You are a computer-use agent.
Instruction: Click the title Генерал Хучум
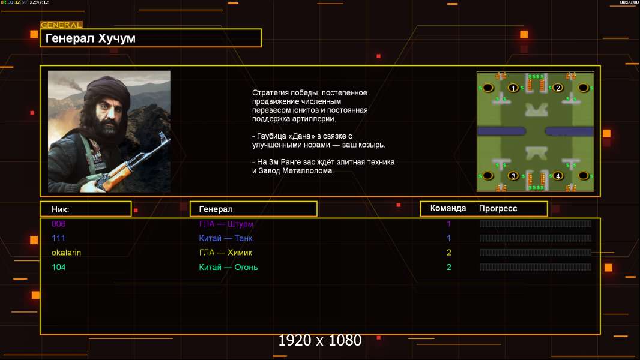pyautogui.click(x=90, y=38)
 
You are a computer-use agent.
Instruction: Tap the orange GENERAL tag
pyautogui.click(x=62, y=25)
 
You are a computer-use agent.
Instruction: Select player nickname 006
pyautogui.click(x=58, y=224)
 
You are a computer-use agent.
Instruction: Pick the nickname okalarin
pyautogui.click(x=66, y=253)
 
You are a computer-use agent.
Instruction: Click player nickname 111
pyautogui.click(x=58, y=238)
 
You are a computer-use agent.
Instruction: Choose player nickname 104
pyautogui.click(x=58, y=267)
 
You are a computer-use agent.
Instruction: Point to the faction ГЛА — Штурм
pyautogui.click(x=226, y=224)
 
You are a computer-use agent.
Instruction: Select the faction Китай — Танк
pyautogui.click(x=225, y=238)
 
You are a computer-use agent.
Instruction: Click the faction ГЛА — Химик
pyautogui.click(x=225, y=253)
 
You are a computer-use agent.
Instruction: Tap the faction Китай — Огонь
pyautogui.click(x=228, y=268)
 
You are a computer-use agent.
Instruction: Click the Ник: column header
pyautogui.click(x=61, y=209)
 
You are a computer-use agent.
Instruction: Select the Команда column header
pyautogui.click(x=448, y=208)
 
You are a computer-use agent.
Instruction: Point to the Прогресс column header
pyautogui.click(x=498, y=209)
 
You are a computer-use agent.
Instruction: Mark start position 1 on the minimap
pyautogui.click(x=513, y=88)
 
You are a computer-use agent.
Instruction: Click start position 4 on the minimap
pyautogui.click(x=558, y=176)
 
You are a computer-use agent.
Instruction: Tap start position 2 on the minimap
pyautogui.click(x=558, y=88)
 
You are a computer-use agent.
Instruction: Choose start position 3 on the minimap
pyautogui.click(x=513, y=176)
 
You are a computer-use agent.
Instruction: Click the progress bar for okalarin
pyautogui.click(x=536, y=253)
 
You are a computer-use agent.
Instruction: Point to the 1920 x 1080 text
pyautogui.click(x=320, y=340)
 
